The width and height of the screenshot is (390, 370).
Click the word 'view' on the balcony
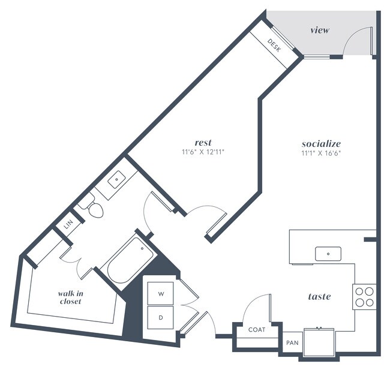point(319,30)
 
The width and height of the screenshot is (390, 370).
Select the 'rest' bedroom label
point(203,142)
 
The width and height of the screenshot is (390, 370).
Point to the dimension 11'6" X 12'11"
point(203,152)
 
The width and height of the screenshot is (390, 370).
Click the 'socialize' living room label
point(321,144)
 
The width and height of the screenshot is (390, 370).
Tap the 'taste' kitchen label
point(319,296)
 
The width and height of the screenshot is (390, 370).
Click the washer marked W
point(161,294)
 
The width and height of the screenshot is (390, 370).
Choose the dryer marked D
point(161,317)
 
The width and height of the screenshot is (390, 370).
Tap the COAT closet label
point(257,329)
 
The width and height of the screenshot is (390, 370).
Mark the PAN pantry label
point(292,342)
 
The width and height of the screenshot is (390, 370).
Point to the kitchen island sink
point(328,254)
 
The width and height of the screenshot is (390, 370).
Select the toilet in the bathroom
point(92,208)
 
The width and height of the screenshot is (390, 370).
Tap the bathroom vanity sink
point(115,179)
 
